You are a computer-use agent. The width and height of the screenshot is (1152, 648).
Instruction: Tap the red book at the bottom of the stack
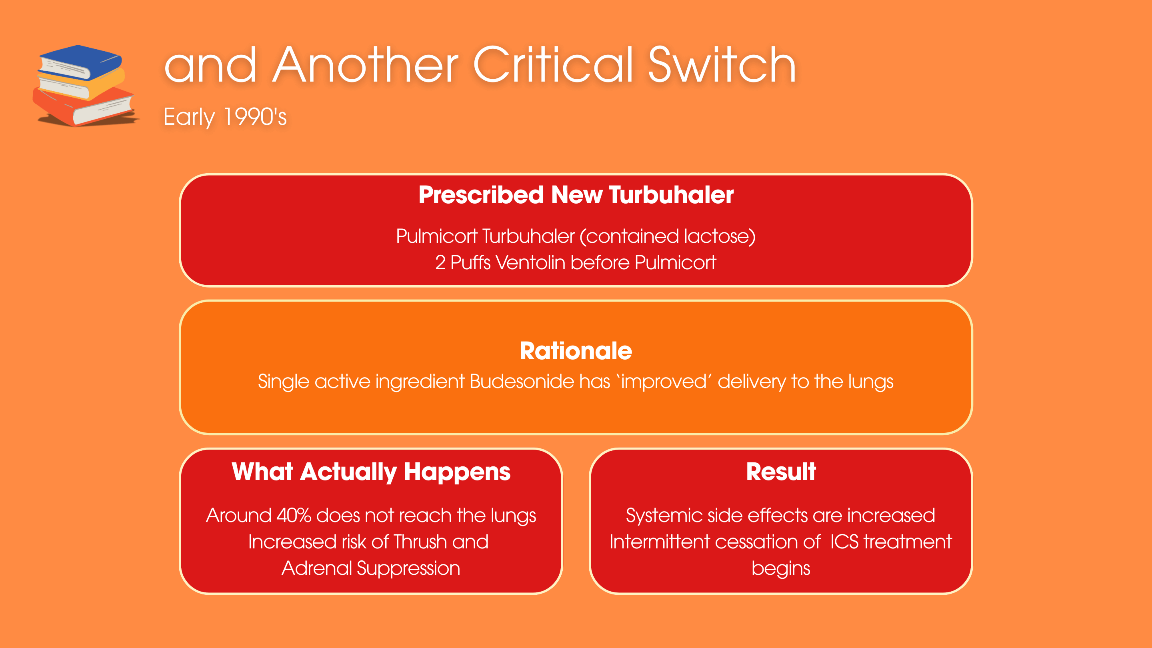pos(83,107)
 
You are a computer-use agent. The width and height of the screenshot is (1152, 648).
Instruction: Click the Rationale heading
pos(576,351)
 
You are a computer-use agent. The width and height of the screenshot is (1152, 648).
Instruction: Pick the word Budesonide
pos(540,382)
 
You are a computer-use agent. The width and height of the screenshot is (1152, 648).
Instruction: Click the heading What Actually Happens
pos(371,472)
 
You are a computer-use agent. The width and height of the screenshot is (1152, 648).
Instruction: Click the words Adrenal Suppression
pos(371,568)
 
